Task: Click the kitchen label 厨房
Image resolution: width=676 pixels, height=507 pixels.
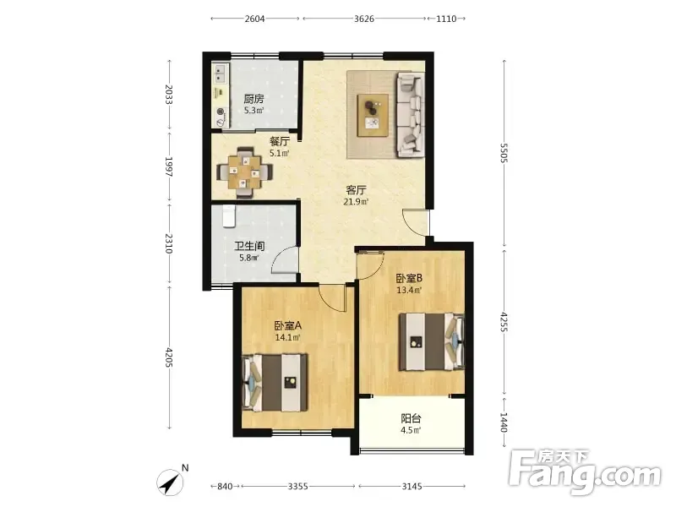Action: [253, 99]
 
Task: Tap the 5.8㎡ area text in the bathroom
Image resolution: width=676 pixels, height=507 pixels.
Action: [248, 259]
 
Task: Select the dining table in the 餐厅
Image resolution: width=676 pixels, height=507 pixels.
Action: [245, 172]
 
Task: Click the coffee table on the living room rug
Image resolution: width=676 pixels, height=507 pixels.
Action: [373, 116]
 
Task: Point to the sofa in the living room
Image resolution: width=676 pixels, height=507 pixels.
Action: [410, 114]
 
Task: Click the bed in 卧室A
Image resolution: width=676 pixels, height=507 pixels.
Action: [275, 383]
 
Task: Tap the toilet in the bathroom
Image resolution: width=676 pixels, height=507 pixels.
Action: [228, 215]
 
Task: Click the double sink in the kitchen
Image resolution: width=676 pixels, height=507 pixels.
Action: [221, 74]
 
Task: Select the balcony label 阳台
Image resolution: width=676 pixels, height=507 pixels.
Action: [411, 418]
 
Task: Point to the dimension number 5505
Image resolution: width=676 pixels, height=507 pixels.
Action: [504, 153]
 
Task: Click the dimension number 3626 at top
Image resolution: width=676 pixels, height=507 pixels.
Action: [364, 19]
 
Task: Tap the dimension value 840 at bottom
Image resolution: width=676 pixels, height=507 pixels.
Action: [225, 487]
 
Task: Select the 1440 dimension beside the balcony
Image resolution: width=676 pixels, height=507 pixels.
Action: [504, 422]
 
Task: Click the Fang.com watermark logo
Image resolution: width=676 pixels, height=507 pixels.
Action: [585, 472]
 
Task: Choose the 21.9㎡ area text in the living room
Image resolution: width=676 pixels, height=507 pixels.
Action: [356, 201]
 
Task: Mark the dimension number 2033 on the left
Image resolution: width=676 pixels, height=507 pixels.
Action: [169, 95]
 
